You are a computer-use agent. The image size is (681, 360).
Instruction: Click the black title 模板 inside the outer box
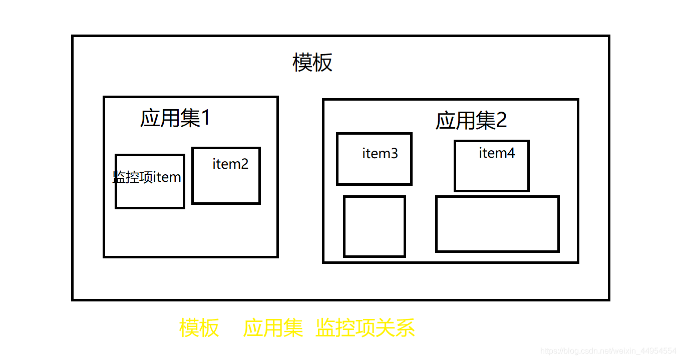[x=312, y=64]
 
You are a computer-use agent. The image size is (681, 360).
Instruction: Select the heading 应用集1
[x=175, y=119]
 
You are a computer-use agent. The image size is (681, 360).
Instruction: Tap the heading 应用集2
[x=471, y=121]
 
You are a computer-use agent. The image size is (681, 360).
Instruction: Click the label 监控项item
[x=147, y=177]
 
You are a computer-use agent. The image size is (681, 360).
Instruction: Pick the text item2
[x=230, y=164]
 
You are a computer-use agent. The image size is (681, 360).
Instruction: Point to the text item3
[x=380, y=154]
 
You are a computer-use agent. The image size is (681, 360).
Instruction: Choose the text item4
[x=497, y=153]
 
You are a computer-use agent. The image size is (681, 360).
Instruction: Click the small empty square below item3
[x=374, y=226]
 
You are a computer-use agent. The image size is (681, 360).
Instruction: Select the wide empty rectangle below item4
[x=497, y=224]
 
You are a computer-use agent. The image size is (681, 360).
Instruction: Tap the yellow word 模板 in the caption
[x=199, y=328]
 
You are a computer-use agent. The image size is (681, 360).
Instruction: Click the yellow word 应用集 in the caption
[x=273, y=328]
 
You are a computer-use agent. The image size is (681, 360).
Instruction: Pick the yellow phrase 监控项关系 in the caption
[x=366, y=328]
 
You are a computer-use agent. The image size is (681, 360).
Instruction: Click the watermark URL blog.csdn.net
[x=609, y=350]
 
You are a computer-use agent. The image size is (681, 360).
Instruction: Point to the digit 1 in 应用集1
[x=205, y=119]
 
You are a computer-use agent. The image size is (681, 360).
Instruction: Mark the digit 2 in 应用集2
[x=501, y=121]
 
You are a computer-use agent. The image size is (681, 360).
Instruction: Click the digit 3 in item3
[x=394, y=154]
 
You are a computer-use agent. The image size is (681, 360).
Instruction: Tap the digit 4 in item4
[x=511, y=153]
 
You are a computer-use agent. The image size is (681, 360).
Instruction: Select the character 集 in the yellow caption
[x=293, y=328]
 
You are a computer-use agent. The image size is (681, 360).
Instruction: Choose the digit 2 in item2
[x=244, y=164]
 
